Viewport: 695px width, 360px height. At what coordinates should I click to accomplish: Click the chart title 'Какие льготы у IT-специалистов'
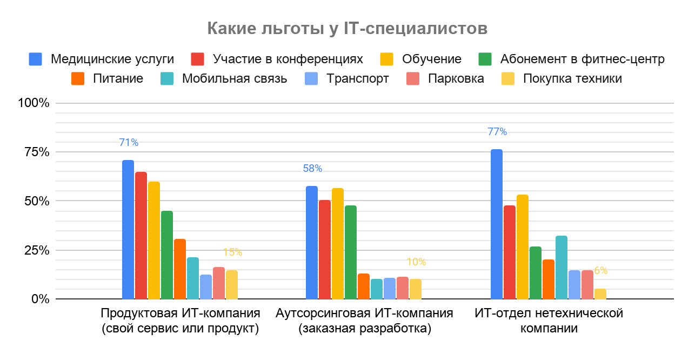click(x=347, y=28)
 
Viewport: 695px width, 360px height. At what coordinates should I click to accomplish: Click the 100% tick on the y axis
click(x=34, y=103)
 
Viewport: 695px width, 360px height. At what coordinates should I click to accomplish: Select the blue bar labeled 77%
click(x=496, y=224)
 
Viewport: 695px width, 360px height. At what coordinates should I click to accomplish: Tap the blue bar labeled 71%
click(x=128, y=229)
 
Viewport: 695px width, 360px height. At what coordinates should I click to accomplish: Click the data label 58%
click(x=312, y=169)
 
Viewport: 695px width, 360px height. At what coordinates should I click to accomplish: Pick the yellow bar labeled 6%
click(x=600, y=294)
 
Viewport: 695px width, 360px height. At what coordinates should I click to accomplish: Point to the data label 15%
click(x=232, y=252)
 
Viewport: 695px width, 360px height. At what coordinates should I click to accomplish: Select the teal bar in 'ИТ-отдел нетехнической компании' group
click(x=561, y=267)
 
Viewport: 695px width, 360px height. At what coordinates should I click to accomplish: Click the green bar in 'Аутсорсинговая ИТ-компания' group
click(x=351, y=252)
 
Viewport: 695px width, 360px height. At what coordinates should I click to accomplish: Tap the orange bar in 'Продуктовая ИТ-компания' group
click(x=180, y=269)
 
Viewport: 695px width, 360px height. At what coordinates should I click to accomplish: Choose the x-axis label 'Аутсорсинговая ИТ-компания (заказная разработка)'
click(x=364, y=321)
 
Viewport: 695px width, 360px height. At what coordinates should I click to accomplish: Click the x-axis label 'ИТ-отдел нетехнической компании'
click(x=549, y=321)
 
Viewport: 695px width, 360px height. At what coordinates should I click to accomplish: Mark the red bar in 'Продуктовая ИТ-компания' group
click(x=141, y=235)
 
